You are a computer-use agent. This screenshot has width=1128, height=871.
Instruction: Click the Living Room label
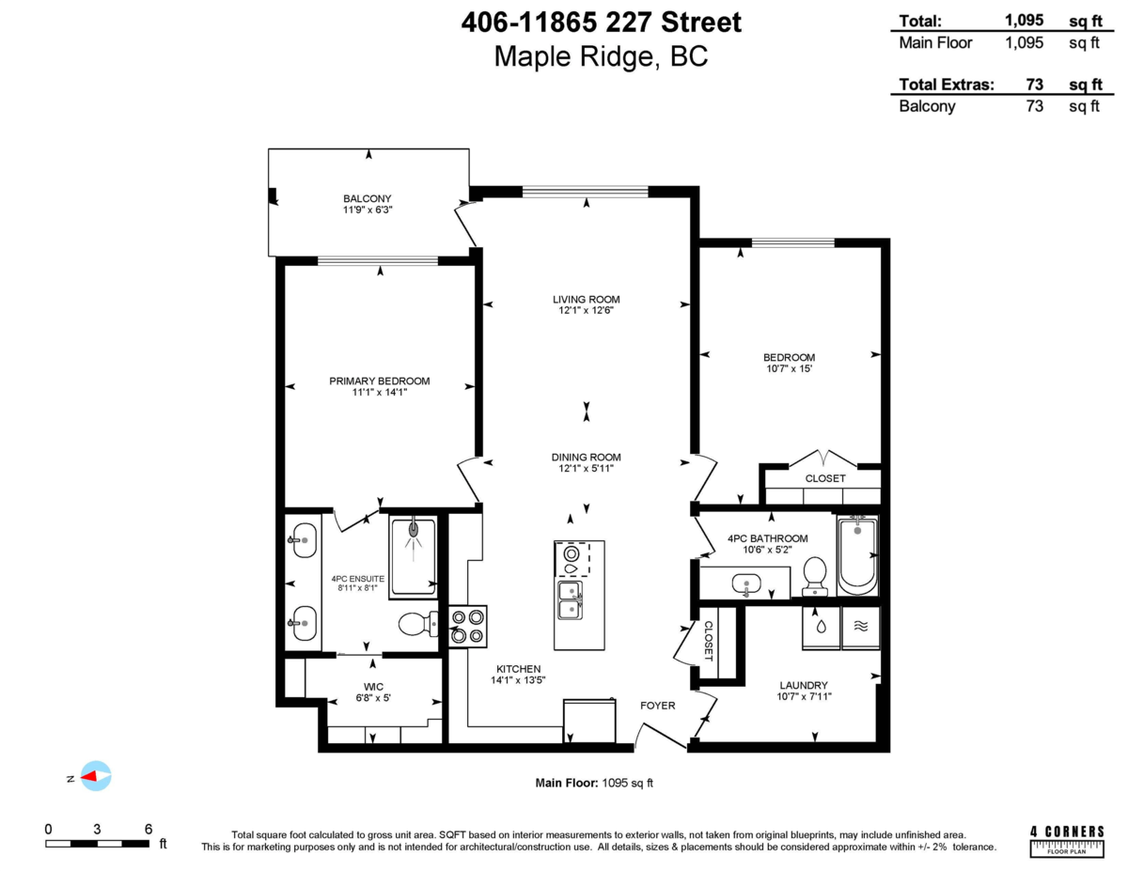point(586,300)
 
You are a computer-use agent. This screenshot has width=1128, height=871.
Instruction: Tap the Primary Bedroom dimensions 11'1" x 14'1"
point(379,394)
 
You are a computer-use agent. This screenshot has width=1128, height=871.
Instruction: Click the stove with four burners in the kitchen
point(467,627)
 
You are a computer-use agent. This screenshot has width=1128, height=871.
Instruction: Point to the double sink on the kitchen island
point(570,599)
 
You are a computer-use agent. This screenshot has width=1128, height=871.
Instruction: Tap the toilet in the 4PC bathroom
point(815,576)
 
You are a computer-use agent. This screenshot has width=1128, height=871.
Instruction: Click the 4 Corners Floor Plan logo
point(1067,839)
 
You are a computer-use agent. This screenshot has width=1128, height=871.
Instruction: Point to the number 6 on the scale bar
point(149,828)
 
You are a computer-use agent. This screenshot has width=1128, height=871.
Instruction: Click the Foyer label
point(657,705)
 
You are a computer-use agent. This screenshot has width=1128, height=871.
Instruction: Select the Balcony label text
point(367,198)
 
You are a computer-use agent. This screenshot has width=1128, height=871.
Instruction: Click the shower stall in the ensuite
point(413,555)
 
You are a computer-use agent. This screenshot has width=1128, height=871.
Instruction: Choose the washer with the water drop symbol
point(821,627)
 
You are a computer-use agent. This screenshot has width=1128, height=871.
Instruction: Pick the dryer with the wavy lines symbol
point(860,627)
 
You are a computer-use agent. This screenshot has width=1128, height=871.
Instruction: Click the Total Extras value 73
point(1034,85)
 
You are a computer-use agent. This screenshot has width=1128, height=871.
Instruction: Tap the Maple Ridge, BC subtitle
point(601,56)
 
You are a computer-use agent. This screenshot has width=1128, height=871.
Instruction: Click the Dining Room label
point(586,458)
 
